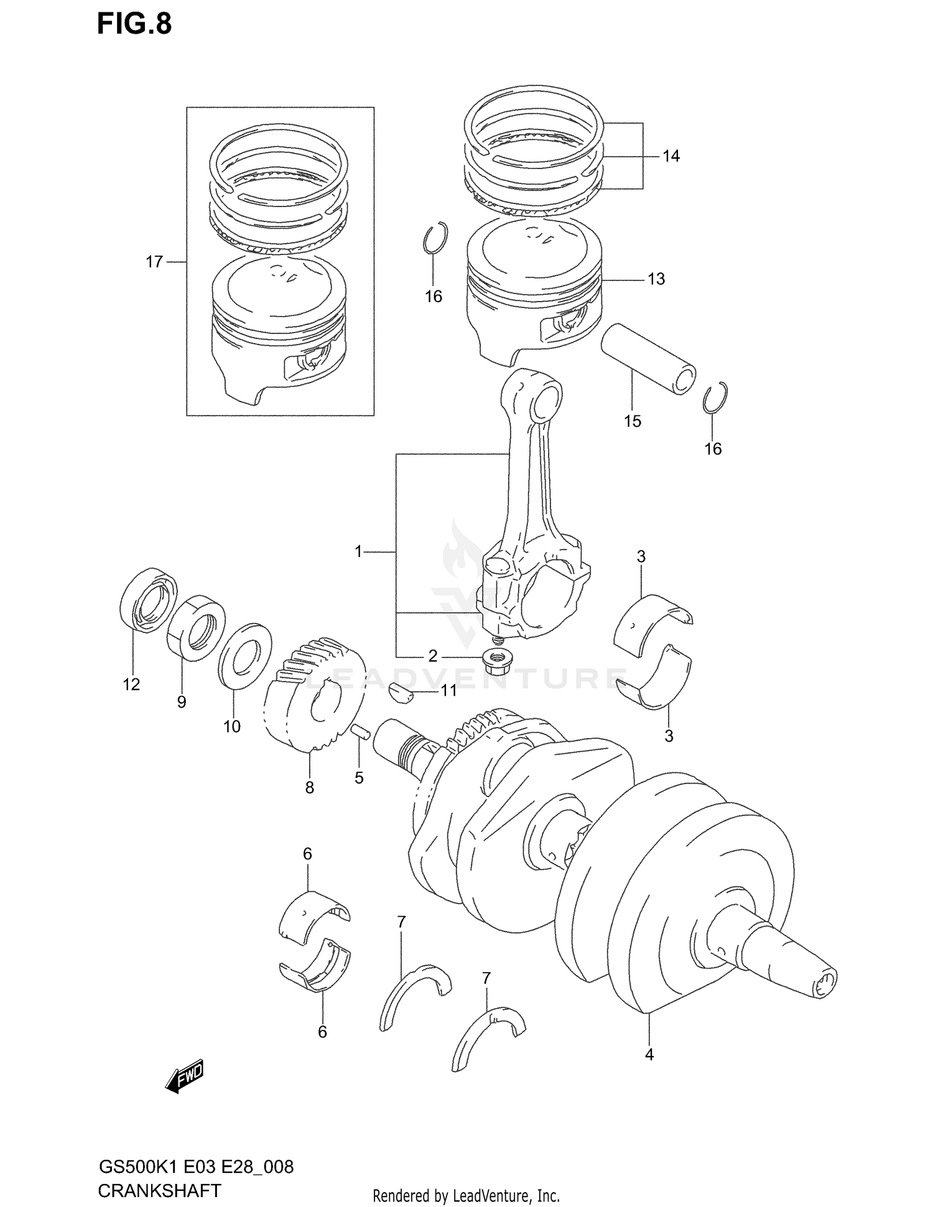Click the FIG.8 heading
(x=134, y=24)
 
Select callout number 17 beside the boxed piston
(x=154, y=262)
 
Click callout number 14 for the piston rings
(x=671, y=156)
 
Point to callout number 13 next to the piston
(x=656, y=279)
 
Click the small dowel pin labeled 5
(x=360, y=731)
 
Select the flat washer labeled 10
(x=244, y=655)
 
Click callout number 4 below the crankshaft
(x=649, y=1055)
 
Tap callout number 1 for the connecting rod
(x=358, y=551)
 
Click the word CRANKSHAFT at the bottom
(x=159, y=1190)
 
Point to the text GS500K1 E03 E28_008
(x=196, y=1167)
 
